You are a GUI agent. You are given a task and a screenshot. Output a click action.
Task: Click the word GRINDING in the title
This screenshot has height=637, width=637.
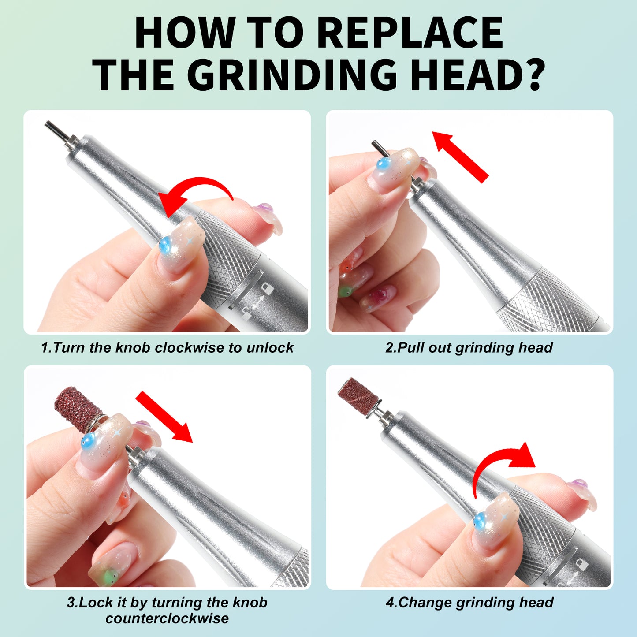(294, 74)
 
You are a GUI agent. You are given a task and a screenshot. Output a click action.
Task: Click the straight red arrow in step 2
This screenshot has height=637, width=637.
(460, 157)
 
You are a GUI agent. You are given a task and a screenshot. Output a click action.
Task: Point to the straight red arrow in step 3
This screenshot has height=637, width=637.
(164, 416)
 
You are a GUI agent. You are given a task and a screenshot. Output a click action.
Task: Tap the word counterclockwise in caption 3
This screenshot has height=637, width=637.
(167, 618)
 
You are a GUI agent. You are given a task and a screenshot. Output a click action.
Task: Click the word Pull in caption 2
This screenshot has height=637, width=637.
(411, 348)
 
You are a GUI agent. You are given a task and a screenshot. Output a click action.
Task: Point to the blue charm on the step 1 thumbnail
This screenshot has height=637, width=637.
(165, 245)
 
